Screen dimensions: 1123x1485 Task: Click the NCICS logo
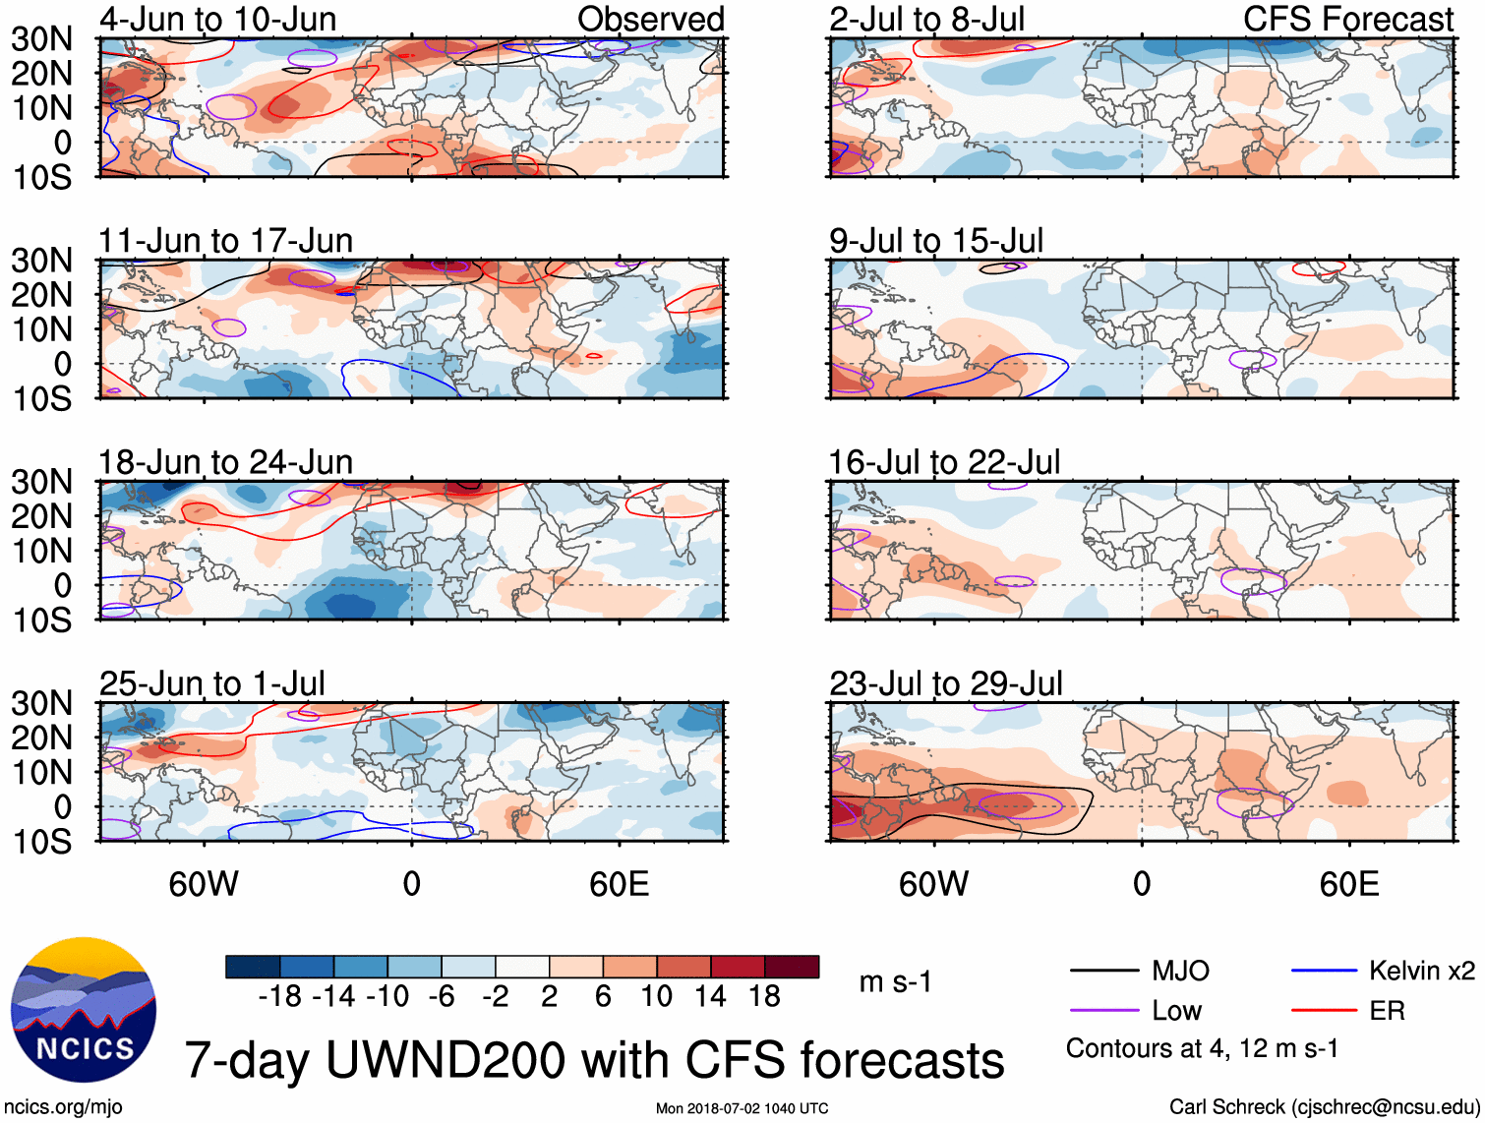pyautogui.click(x=84, y=1010)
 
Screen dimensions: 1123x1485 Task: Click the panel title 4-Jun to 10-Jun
pyautogui.click(x=217, y=20)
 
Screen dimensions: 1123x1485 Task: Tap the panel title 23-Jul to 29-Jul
pyautogui.click(x=945, y=683)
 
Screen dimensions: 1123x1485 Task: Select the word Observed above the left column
pyautogui.click(x=650, y=20)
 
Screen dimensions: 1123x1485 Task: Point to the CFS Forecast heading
pyautogui.click(x=1347, y=20)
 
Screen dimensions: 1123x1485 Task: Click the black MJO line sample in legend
pyautogui.click(x=1103, y=972)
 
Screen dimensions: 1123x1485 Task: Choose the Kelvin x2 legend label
pyautogui.click(x=1421, y=972)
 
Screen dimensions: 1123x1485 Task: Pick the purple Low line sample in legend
pyautogui.click(x=1103, y=1011)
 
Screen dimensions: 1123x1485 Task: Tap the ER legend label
pyautogui.click(x=1387, y=1011)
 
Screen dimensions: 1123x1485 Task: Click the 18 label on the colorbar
pyautogui.click(x=764, y=997)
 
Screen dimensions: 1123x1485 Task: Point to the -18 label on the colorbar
pyautogui.click(x=279, y=997)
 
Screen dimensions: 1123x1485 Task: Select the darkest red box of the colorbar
pyautogui.click(x=792, y=967)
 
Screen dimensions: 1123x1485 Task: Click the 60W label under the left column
pyautogui.click(x=204, y=884)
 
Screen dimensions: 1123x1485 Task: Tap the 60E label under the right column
pyautogui.click(x=1348, y=884)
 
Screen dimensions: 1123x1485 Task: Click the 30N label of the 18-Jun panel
pyautogui.click(x=41, y=482)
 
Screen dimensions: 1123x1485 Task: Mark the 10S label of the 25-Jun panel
pyautogui.click(x=41, y=842)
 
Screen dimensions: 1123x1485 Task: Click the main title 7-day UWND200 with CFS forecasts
pyautogui.click(x=594, y=1060)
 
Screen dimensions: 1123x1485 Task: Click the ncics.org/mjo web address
pyautogui.click(x=62, y=1107)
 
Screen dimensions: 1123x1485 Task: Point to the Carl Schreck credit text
pyautogui.click(x=1324, y=1107)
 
